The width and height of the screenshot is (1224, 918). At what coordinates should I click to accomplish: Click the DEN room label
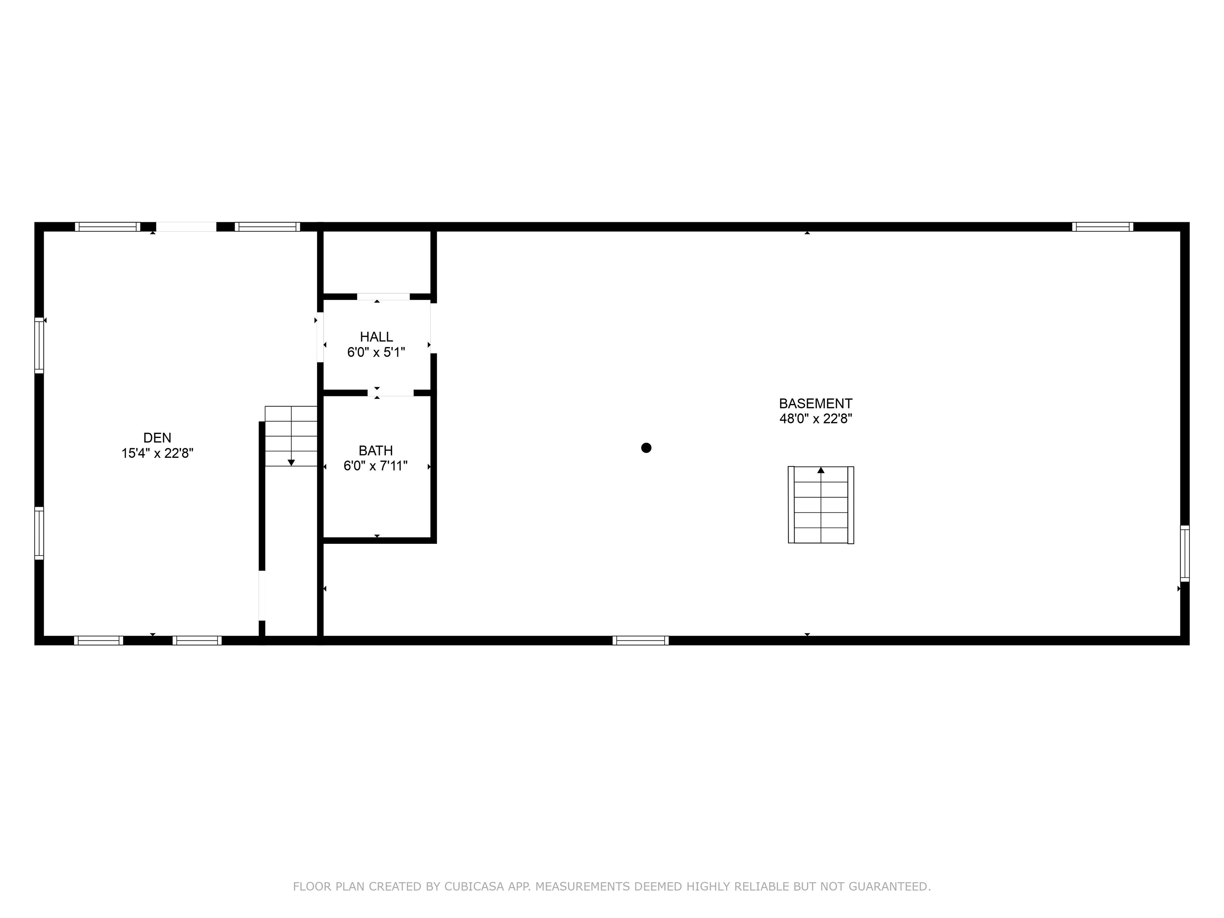click(157, 438)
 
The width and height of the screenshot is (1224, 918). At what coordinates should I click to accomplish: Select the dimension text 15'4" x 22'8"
click(157, 453)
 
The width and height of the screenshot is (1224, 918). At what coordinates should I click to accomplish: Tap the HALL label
click(376, 336)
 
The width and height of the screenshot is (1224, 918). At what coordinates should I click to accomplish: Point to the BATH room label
click(376, 450)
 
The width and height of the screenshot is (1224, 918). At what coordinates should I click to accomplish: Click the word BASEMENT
click(815, 403)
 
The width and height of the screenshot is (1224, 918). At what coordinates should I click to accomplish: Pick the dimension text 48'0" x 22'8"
click(815, 419)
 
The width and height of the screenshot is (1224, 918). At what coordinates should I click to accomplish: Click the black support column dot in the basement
click(646, 448)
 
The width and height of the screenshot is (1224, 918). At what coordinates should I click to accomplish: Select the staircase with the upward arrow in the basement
click(821, 505)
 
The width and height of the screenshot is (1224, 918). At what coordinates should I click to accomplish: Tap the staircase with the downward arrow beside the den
click(291, 436)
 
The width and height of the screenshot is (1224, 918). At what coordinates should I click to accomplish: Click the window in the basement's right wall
click(1185, 553)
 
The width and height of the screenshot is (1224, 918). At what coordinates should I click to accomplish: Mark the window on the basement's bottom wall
click(640, 640)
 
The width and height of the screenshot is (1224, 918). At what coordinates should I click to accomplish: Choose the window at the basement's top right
click(1102, 227)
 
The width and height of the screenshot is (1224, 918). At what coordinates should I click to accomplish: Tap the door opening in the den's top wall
click(186, 227)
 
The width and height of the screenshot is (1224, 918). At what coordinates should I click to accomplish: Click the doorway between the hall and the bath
click(390, 393)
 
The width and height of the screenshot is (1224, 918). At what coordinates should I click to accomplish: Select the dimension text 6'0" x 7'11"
click(376, 466)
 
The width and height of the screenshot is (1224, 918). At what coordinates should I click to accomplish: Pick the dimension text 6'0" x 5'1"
click(376, 352)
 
